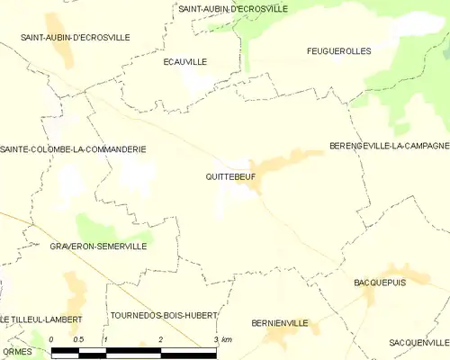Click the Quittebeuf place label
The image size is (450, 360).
tap(230, 177)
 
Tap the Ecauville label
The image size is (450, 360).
tap(185, 62)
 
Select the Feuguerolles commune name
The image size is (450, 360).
tap(338, 51)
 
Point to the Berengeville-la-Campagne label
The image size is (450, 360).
tap(389, 146)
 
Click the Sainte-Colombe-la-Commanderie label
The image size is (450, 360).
tap(74, 149)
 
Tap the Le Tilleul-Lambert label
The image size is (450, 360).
tap(41, 319)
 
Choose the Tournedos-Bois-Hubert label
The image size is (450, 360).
tap(163, 316)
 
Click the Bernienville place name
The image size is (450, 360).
tap(280, 322)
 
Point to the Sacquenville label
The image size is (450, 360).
tap(418, 343)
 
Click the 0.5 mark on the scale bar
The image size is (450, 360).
tap(78, 339)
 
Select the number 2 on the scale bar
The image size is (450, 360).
tap(160, 339)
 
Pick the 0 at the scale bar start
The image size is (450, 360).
tap(52, 339)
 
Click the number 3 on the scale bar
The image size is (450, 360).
tap(214, 339)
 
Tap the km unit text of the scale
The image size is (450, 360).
tap(226, 339)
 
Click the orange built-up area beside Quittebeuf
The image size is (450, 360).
tap(288, 162)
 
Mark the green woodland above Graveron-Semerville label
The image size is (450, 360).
tap(108, 227)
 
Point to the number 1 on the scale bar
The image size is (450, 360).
tap(105, 339)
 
